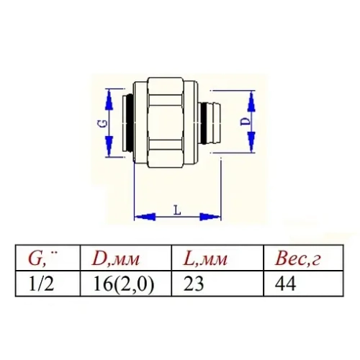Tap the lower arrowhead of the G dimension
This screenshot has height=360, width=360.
(x=109, y=151)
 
